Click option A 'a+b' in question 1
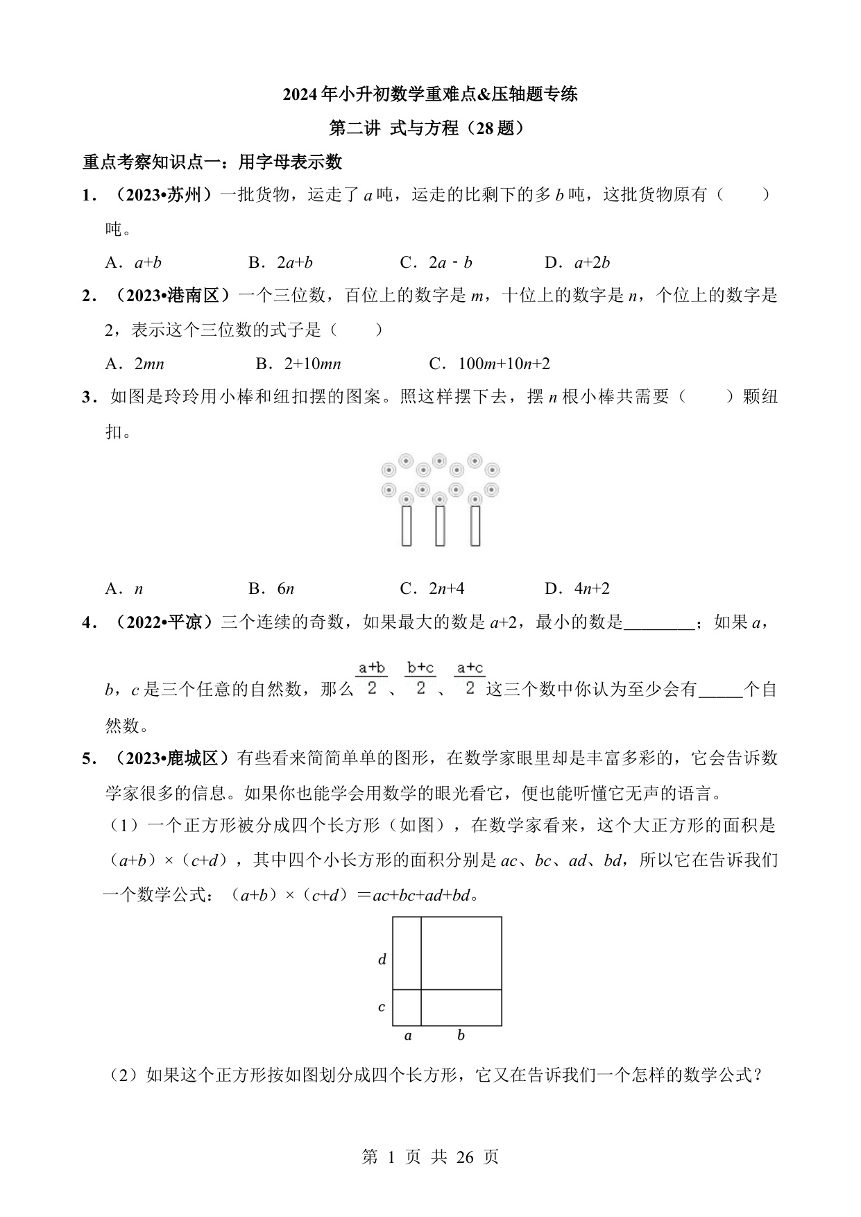point(134,262)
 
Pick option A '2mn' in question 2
point(135,364)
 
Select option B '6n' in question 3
point(271,588)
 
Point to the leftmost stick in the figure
point(407,526)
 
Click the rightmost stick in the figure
point(475,526)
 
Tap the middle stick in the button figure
point(440,526)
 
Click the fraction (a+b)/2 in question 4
point(372,678)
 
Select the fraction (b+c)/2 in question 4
point(420,678)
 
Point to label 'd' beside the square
point(382,960)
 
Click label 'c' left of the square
point(382,1007)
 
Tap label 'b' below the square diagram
point(461,1036)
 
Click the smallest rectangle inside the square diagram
point(407,1007)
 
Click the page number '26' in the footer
point(466,1157)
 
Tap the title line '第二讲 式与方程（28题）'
point(429,128)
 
